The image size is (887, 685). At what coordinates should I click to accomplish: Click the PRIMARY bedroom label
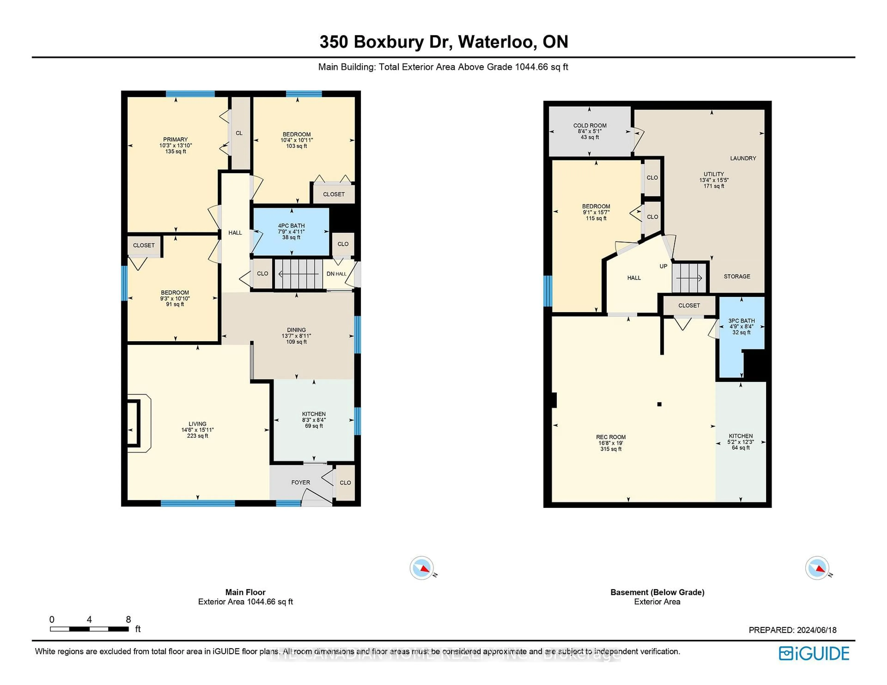click(x=176, y=139)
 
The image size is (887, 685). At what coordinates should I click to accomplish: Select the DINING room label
click(x=296, y=330)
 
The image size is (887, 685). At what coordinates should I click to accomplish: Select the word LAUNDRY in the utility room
click(x=743, y=158)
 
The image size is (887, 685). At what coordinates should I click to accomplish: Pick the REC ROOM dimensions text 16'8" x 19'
click(x=611, y=443)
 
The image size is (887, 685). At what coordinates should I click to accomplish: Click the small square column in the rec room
click(x=659, y=404)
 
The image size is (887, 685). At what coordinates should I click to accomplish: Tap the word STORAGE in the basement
click(x=737, y=276)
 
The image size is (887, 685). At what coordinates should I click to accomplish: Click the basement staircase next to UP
click(x=689, y=278)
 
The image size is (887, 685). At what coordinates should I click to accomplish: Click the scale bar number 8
click(x=128, y=619)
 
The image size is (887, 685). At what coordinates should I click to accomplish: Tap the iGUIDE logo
click(x=814, y=653)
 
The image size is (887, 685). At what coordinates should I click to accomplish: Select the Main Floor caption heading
click(x=245, y=592)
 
